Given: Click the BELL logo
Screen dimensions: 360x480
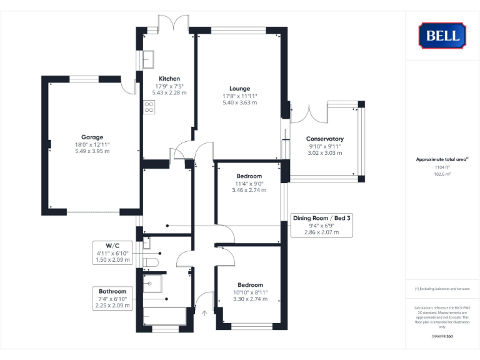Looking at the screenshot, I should coord(442,36).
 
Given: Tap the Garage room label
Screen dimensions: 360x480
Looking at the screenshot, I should coord(92,137).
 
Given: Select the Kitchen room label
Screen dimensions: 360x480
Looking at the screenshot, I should coord(169,78).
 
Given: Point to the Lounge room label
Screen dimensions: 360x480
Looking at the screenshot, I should coord(240,88).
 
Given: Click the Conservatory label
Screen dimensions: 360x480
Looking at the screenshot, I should coord(325,139).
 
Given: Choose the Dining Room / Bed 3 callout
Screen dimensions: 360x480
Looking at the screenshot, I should coord(322,225).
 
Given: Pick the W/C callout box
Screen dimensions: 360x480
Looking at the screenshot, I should coord(112,252).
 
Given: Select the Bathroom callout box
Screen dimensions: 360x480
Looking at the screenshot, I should coord(112,298).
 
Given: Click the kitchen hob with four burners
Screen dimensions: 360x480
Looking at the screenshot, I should coord(149,107).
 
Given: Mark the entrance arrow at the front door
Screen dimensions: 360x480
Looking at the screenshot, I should coord(204,312).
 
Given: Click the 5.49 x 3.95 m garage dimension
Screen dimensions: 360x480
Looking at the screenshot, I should coord(92,151).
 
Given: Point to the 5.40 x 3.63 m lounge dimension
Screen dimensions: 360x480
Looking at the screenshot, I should coord(240,102).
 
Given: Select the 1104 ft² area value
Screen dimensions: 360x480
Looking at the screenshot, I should coord(442,167).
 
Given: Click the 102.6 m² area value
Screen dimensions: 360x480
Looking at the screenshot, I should coord(442,174).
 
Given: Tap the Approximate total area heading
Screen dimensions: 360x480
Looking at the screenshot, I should coord(442,159).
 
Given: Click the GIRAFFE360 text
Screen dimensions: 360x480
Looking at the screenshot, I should coord(442,337).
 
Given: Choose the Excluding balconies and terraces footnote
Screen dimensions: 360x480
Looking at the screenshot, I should coord(442,289).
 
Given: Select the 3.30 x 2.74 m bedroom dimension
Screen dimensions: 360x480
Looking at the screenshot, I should coord(249,299).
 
